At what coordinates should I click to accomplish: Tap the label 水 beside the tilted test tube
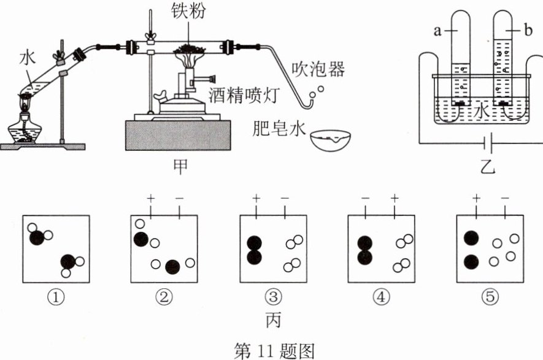point(28,57)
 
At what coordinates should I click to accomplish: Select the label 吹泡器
point(318,69)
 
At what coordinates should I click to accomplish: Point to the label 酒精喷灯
point(244,96)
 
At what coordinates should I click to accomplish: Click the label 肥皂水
point(279,128)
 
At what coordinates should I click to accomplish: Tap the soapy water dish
point(330,140)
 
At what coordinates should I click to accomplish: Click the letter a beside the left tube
point(437,31)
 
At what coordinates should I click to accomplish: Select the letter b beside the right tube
point(528,31)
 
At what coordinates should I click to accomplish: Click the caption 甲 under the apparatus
point(180,166)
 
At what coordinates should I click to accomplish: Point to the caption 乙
point(488,166)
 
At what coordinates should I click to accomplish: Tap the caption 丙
point(273,320)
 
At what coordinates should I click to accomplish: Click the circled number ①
point(56,297)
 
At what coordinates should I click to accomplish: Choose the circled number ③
point(273,297)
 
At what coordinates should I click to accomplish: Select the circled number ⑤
point(490,297)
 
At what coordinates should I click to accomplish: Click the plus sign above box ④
point(395,198)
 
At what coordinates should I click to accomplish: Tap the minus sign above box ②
point(179,198)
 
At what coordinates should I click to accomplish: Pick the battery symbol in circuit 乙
point(488,143)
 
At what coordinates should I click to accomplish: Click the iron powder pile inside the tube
point(190,49)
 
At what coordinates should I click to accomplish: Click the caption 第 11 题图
point(274,351)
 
